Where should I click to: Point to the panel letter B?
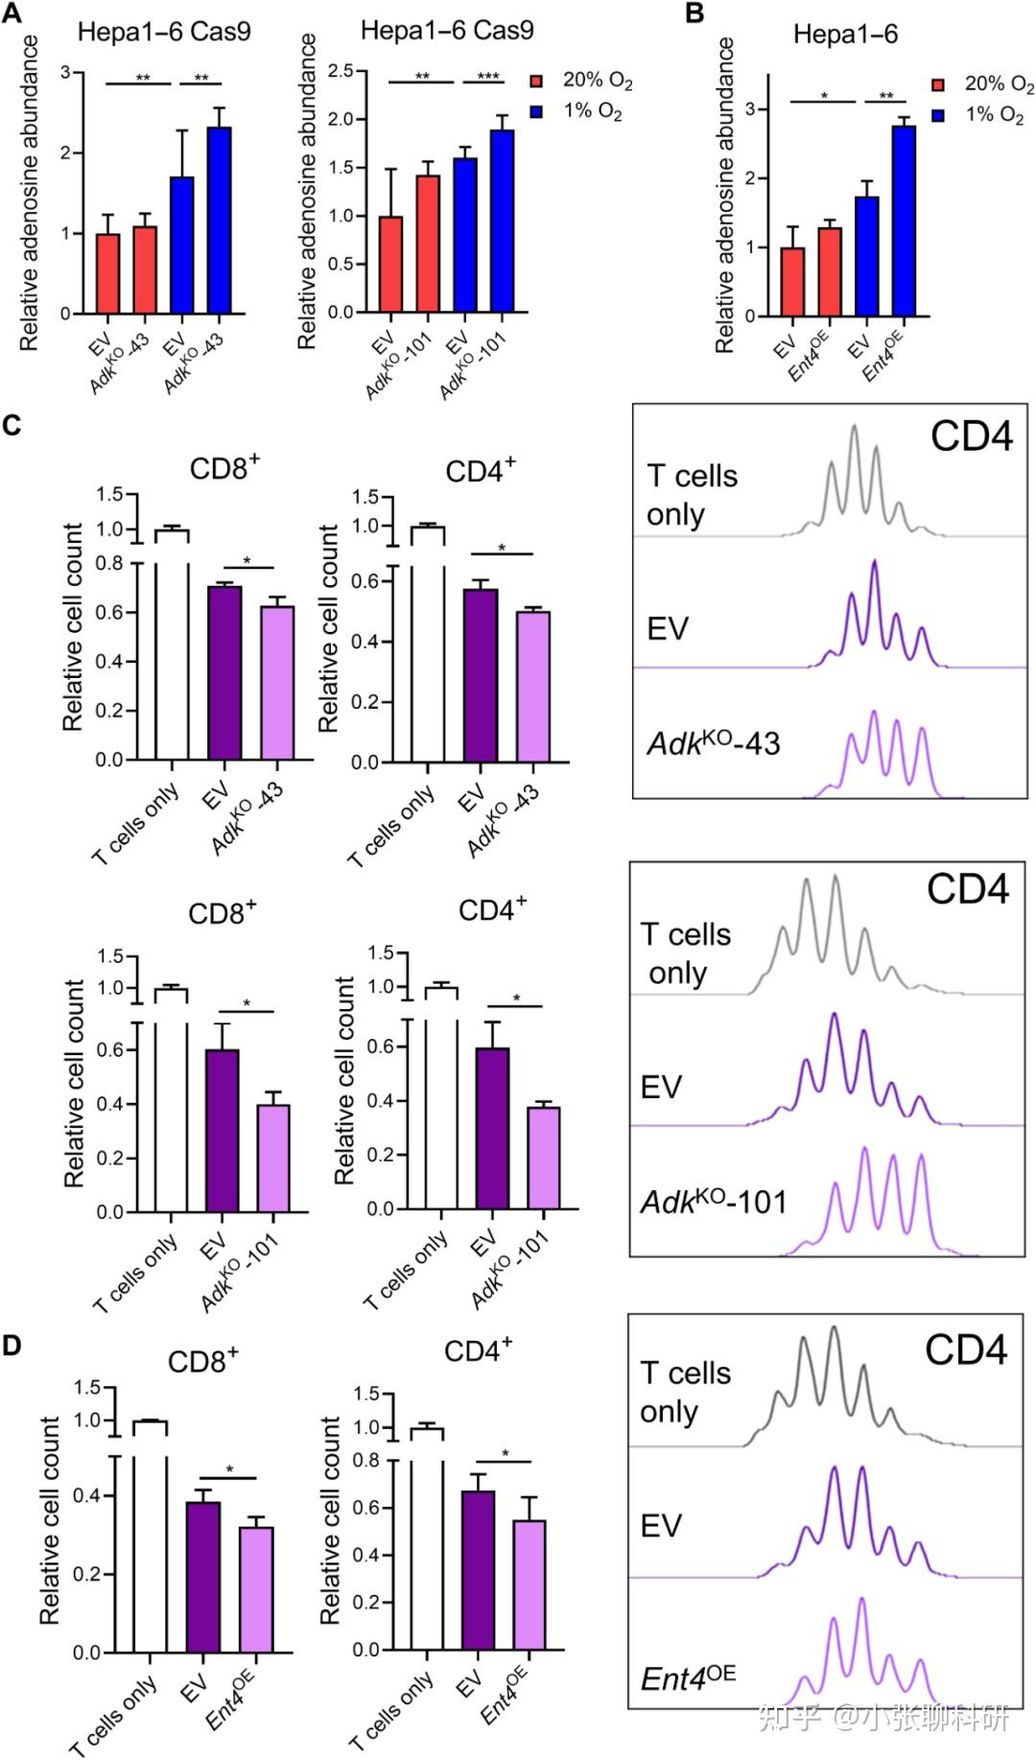pyautogui.click(x=695, y=13)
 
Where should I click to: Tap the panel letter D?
pyautogui.click(x=12, y=1346)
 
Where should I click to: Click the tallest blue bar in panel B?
pyautogui.click(x=903, y=221)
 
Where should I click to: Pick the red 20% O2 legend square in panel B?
pyautogui.click(x=938, y=85)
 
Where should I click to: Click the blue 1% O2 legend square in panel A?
pyautogui.click(x=537, y=112)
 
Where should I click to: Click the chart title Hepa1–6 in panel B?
pyautogui.click(x=845, y=35)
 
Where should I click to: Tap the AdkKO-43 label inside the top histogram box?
pyautogui.click(x=713, y=743)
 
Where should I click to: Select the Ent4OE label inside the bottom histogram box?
pyautogui.click(x=688, y=1678)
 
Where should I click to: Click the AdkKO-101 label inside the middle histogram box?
pyautogui.click(x=713, y=1202)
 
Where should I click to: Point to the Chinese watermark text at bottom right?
pyautogui.click(x=883, y=1716)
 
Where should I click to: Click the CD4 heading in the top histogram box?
pyautogui.click(x=971, y=437)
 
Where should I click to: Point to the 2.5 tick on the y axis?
pyautogui.click(x=341, y=71)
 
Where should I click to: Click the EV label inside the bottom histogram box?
pyautogui.click(x=661, y=1526)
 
